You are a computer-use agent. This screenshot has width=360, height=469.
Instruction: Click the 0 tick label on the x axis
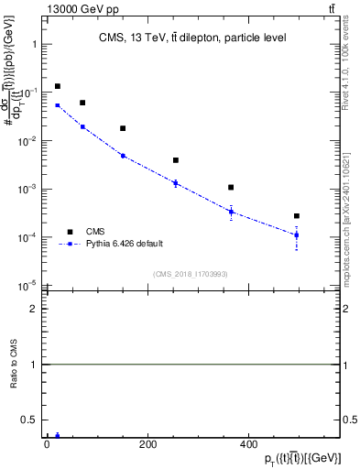47,444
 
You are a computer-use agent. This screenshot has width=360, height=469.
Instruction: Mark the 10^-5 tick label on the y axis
29,285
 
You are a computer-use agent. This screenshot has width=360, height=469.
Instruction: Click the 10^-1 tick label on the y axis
29,93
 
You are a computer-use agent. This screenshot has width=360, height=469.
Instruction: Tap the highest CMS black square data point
57,86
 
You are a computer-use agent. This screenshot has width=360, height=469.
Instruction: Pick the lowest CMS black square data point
297,216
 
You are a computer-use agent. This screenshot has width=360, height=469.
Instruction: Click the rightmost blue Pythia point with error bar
297,235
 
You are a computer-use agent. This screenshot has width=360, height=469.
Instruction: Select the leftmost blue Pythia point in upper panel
57,105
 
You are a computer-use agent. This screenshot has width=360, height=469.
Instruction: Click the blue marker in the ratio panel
57,436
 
